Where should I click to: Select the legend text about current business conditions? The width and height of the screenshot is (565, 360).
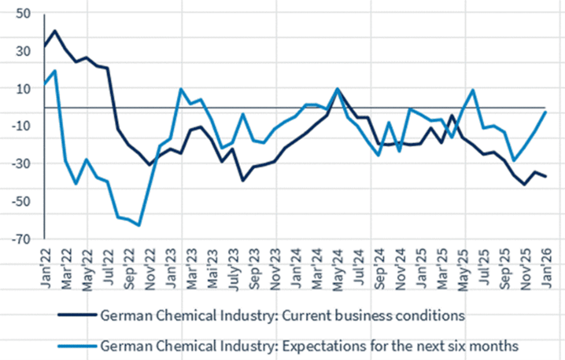(282, 315)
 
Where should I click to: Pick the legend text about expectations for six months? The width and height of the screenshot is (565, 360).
(309, 346)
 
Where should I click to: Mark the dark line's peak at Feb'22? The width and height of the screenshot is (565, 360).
(55, 31)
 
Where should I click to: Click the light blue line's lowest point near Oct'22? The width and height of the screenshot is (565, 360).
(139, 225)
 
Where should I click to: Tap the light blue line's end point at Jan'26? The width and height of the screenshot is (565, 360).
(545, 112)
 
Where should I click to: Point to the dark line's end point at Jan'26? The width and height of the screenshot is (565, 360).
(545, 177)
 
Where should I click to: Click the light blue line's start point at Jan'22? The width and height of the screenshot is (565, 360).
(45, 85)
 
